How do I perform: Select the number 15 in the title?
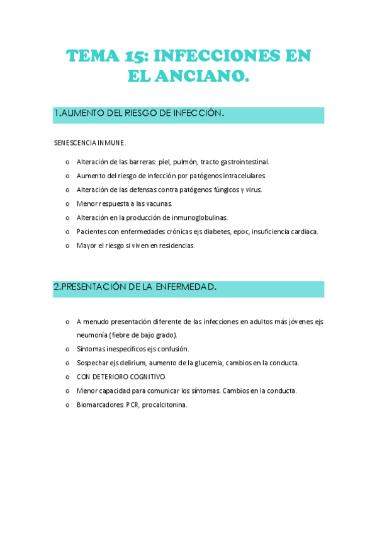point(137,56)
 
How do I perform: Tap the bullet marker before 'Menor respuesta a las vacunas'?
point(67,204)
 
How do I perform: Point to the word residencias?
point(177,246)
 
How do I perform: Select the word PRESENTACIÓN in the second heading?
point(99,288)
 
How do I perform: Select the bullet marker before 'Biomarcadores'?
point(67,405)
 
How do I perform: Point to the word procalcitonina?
point(164,405)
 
